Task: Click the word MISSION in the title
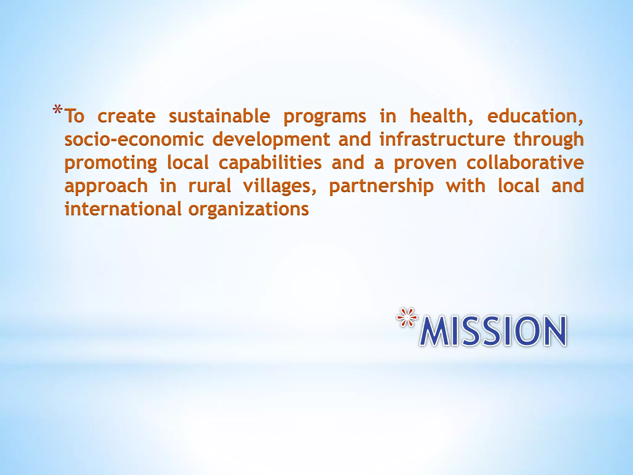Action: coord(493,331)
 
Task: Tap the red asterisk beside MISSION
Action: coord(407,318)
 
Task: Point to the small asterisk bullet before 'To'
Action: coord(58,110)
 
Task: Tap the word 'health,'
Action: coord(441,116)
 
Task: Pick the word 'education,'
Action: coord(535,116)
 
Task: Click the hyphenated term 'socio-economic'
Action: coord(134,139)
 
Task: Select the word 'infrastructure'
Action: coord(442,139)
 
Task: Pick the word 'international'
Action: coord(123,209)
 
